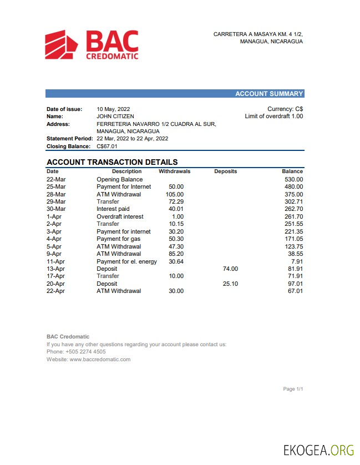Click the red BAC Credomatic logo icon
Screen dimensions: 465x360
coord(62,45)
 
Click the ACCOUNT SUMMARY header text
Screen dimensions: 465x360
coord(269,94)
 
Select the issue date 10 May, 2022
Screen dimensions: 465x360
coord(114,109)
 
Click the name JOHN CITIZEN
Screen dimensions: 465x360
coord(115,117)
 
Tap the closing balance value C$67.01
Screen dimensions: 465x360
coord(107,146)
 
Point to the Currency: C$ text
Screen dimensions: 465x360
coord(285,109)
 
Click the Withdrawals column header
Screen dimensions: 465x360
coord(175,171)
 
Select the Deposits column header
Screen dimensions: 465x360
coord(225,171)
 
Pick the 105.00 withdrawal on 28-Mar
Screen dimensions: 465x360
coord(175,194)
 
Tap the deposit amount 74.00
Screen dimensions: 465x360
coord(230,269)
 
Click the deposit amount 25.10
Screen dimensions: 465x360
coord(230,284)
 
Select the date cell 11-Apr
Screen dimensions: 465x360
coord(55,261)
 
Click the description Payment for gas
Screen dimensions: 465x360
coord(118,239)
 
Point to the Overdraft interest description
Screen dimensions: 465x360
coord(120,216)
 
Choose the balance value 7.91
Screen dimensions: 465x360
coord(297,261)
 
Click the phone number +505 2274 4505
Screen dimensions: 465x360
coord(85,352)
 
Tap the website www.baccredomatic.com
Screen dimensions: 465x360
coord(100,360)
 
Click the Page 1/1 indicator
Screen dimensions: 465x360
coord(292,389)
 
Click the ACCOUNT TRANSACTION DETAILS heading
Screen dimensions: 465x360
coord(112,162)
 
